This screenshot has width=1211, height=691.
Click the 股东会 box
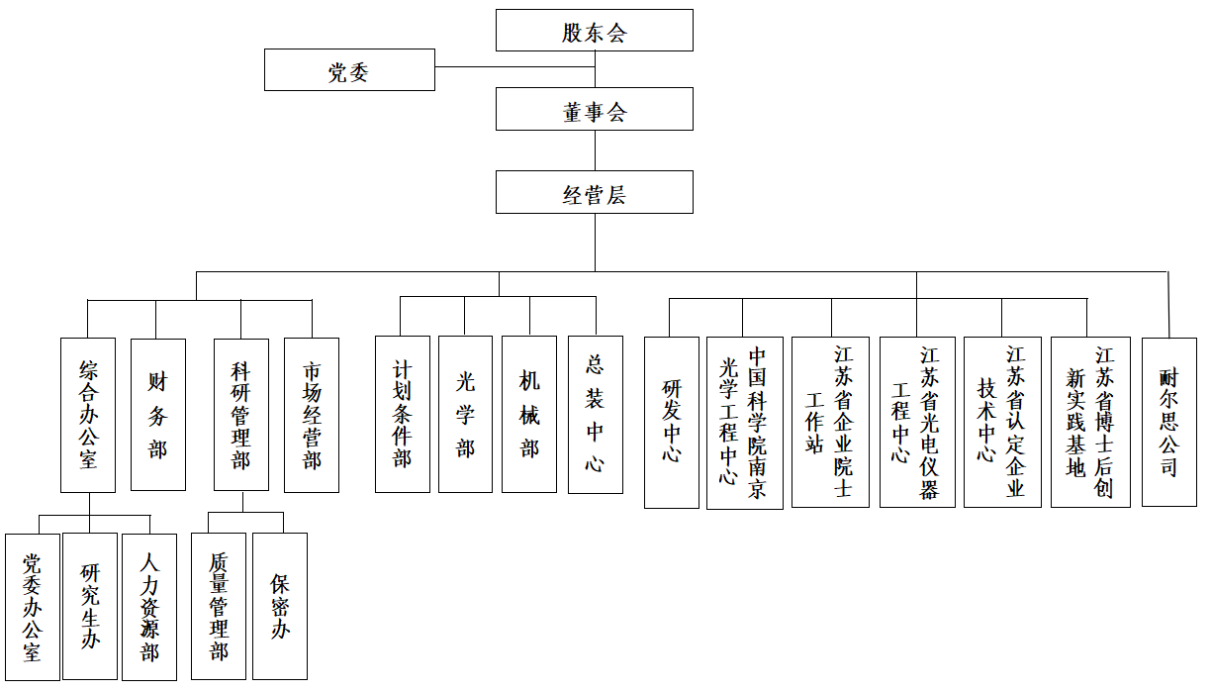[595, 31]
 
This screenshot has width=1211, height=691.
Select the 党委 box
[349, 70]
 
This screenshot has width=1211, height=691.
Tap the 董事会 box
[595, 109]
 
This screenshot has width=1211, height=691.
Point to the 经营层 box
[595, 192]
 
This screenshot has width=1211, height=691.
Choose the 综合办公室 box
[88, 415]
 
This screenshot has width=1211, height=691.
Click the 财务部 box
[158, 415]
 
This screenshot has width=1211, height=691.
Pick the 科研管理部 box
[241, 415]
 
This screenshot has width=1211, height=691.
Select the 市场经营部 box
[312, 415]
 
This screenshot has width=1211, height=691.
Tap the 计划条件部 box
[403, 414]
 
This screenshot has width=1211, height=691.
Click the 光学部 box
[465, 414]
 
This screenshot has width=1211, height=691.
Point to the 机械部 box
[528, 414]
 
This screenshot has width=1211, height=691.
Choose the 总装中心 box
[596, 415]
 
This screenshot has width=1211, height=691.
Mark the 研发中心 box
[672, 423]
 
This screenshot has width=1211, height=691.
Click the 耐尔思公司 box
[1168, 422]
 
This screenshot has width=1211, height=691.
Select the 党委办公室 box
[33, 607]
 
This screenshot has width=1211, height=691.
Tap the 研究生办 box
[90, 606]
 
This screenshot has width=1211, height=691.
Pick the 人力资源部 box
[149, 607]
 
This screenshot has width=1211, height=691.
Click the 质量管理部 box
[219, 606]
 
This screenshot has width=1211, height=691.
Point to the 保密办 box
[280, 606]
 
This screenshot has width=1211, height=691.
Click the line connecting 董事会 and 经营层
[595, 150]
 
